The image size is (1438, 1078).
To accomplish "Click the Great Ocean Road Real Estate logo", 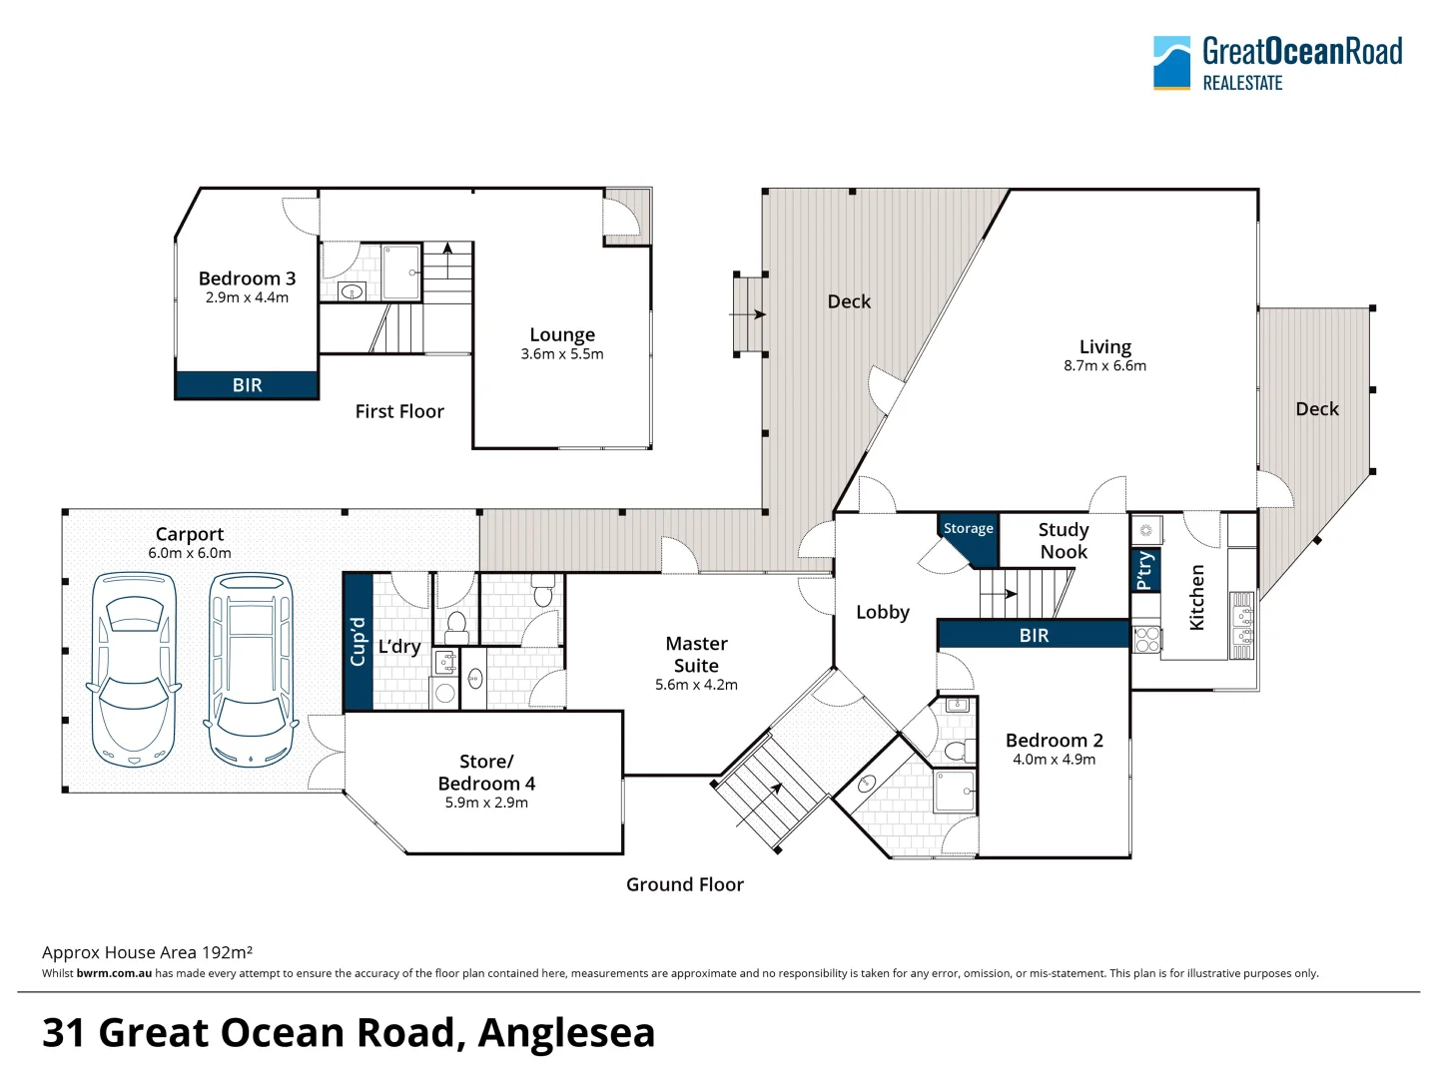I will point(1277,63).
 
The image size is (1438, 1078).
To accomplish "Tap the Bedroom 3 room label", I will point(247,278).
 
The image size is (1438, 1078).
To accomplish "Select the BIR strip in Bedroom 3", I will point(247,385).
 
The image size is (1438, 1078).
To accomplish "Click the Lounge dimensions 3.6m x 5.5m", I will point(561,354).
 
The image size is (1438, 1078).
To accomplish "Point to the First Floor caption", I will point(399,411).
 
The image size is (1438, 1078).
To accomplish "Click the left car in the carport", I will point(133,669).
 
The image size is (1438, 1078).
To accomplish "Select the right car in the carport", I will point(251,669).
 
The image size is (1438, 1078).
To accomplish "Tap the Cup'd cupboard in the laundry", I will point(358,641).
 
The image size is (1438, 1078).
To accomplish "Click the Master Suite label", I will point(696,655).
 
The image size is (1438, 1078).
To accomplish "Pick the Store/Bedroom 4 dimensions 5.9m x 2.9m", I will point(486,803).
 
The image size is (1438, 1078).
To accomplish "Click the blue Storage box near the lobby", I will point(969,529).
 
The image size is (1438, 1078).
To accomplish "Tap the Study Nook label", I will point(1064,541).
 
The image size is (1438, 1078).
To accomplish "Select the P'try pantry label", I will point(1145,570).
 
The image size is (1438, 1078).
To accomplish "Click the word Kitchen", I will point(1196,597).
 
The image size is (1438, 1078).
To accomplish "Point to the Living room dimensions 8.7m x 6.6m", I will point(1104,366).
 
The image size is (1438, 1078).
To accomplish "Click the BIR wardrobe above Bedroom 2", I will point(1034,635).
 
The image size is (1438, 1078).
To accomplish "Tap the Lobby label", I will point(883,612).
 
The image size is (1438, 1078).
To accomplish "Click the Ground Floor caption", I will point(685,884).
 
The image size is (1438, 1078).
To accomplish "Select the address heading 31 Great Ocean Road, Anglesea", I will point(349,1032).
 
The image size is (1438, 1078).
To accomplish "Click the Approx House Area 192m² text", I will point(147,952).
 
